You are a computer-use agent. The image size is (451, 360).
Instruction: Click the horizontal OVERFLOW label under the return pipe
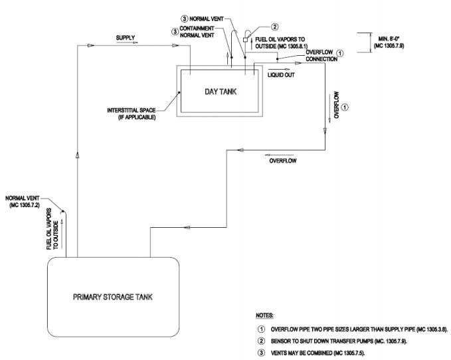[x=282, y=161]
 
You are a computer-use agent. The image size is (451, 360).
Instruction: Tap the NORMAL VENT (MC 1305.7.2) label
[x=27, y=201]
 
